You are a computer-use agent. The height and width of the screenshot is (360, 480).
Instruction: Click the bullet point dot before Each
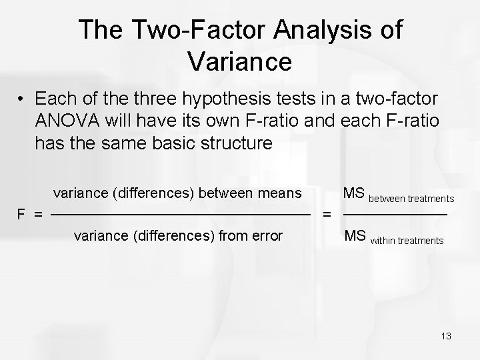[x=22, y=100]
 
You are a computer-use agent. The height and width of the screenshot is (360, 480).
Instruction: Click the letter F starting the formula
[x=21, y=215]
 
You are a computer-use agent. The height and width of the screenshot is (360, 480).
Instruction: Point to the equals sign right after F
[x=39, y=215]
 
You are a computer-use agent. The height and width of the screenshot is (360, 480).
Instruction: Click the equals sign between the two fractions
[x=327, y=215]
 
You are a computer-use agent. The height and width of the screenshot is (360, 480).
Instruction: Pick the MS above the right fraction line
[x=353, y=193]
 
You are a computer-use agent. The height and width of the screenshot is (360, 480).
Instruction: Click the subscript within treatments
[x=407, y=239]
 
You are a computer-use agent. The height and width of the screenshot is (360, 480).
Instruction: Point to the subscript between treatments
[x=411, y=198]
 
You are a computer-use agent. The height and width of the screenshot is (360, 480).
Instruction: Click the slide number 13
[x=446, y=336]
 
